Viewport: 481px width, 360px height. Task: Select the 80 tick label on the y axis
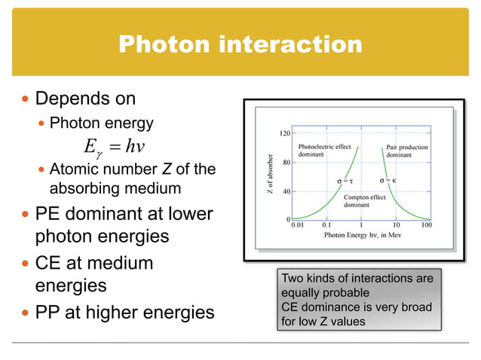pos(287,162)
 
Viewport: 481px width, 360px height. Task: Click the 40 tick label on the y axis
pos(287,191)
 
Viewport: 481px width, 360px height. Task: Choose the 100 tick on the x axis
pos(426,225)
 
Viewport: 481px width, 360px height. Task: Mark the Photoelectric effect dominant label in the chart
pos(326,151)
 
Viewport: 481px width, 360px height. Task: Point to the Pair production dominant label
pos(409,151)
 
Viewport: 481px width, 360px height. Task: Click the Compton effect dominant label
pos(365,201)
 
